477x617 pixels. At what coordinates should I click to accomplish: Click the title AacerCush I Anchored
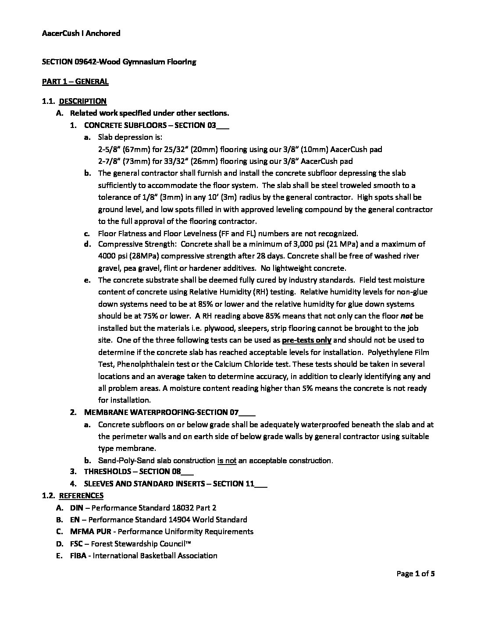click(x=81, y=33)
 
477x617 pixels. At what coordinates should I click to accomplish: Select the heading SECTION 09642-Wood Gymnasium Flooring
click(x=119, y=62)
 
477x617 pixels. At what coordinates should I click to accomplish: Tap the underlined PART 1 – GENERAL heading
click(x=75, y=82)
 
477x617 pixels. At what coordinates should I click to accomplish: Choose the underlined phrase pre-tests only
click(x=306, y=340)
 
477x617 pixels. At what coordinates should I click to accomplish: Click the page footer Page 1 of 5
click(x=415, y=574)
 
